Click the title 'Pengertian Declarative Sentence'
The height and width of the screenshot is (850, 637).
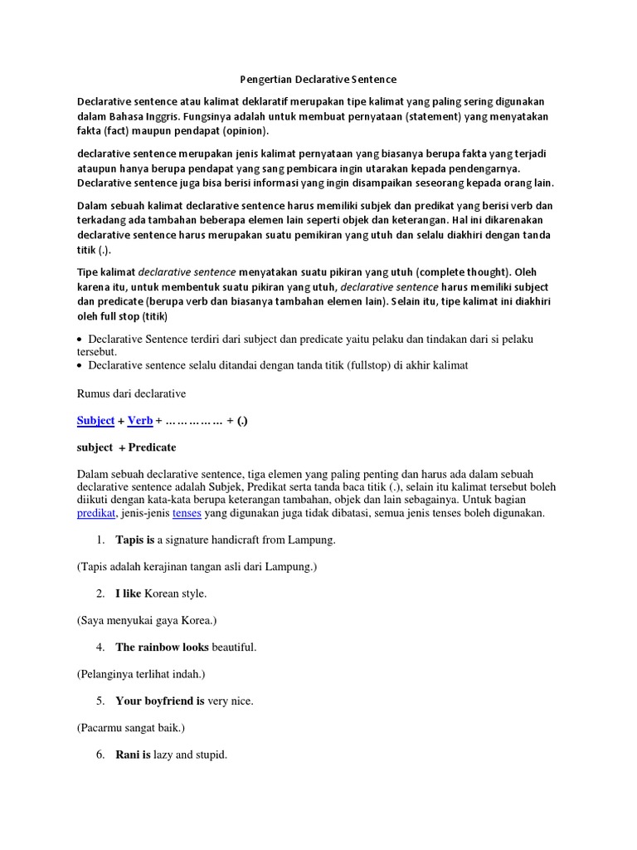[x=318, y=80]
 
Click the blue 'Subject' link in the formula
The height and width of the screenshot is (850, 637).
[x=95, y=421]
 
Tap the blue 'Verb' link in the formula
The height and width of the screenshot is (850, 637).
[x=140, y=421]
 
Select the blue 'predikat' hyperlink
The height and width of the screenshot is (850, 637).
[x=95, y=514]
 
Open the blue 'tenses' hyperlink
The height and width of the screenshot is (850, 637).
[x=187, y=514]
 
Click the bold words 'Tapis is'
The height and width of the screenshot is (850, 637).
[x=135, y=540]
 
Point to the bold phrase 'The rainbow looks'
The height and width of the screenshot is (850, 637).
[x=162, y=647]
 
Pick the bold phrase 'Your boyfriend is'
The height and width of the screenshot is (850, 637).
[x=160, y=701]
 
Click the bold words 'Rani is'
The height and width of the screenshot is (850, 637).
[x=133, y=755]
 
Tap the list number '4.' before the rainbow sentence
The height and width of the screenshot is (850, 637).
[x=100, y=647]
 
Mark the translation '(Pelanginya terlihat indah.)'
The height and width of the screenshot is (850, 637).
[x=141, y=674]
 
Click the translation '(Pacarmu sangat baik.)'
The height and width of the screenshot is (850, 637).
[x=131, y=728]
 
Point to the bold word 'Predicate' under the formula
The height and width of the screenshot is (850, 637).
[x=152, y=447]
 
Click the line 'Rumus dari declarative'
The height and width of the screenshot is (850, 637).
[x=131, y=393]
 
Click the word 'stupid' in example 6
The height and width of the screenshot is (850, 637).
[x=211, y=755]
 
